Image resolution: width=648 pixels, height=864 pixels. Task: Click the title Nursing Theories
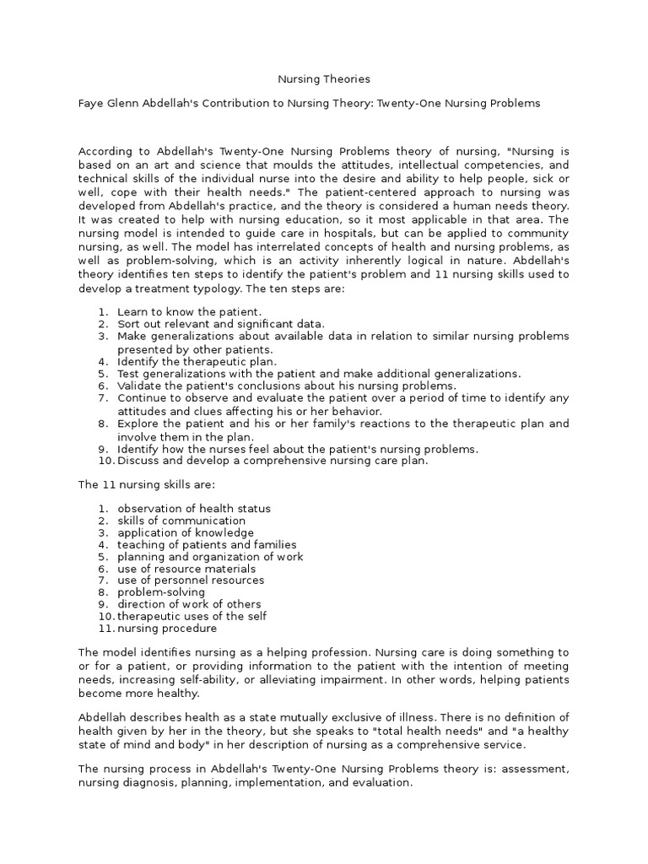tap(324, 79)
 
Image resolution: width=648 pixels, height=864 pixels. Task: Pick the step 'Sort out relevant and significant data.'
tap(220, 323)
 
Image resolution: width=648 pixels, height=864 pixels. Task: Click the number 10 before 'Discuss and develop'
tap(105, 461)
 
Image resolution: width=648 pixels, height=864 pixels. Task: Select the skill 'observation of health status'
tap(194, 509)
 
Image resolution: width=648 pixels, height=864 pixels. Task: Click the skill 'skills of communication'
tap(181, 521)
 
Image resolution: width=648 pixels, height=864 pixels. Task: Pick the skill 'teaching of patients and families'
tap(207, 545)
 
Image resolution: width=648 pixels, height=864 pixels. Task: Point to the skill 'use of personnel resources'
tap(191, 580)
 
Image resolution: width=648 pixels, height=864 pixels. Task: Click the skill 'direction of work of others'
tap(189, 604)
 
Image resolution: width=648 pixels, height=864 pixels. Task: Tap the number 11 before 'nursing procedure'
tap(105, 629)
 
